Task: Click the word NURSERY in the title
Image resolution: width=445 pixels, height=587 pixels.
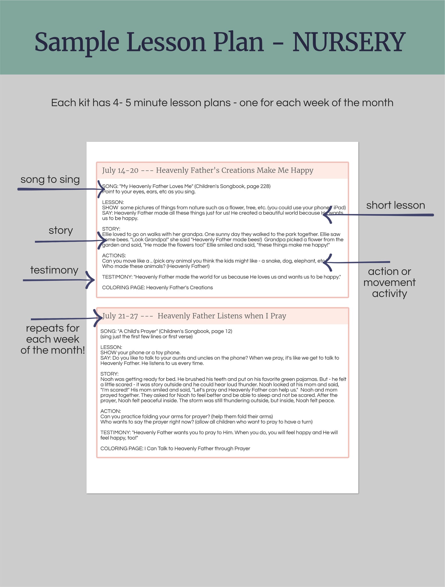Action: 349,42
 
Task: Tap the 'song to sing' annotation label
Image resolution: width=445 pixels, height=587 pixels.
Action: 50,179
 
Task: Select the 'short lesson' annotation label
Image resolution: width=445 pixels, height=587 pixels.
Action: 395,205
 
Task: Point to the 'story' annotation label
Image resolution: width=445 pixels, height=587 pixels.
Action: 61,230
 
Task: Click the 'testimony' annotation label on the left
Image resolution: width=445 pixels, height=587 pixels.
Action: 54,270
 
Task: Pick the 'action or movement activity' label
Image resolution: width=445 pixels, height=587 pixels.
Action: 389,282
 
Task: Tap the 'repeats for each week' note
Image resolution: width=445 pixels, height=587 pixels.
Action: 53,339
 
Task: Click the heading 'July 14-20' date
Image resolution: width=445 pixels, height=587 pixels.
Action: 120,171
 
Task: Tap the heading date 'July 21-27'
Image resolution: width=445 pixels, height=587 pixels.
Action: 120,316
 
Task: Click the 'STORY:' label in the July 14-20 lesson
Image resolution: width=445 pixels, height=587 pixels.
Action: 111,229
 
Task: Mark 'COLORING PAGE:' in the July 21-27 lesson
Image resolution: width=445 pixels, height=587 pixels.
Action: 122,449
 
